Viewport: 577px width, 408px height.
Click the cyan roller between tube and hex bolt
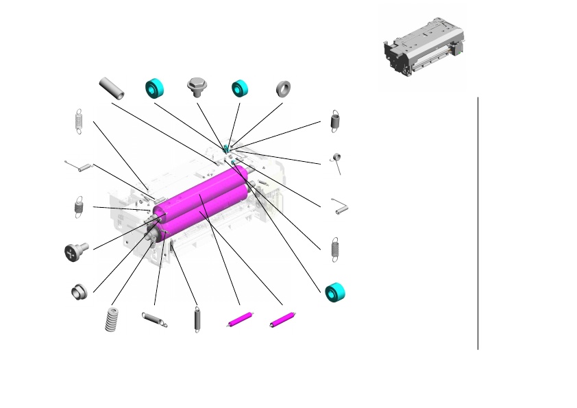(155, 89)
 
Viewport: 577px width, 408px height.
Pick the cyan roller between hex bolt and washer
(240, 89)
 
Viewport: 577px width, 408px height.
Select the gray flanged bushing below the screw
(77, 291)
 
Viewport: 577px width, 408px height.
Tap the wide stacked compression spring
(111, 320)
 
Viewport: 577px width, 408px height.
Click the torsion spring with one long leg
(336, 160)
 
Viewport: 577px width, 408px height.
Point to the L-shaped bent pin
(340, 206)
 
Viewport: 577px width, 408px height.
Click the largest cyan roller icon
(334, 291)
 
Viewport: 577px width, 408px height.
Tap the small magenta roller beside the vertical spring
(239, 320)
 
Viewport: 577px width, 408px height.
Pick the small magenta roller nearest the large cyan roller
(282, 320)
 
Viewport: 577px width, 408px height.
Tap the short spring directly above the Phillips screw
(77, 206)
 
